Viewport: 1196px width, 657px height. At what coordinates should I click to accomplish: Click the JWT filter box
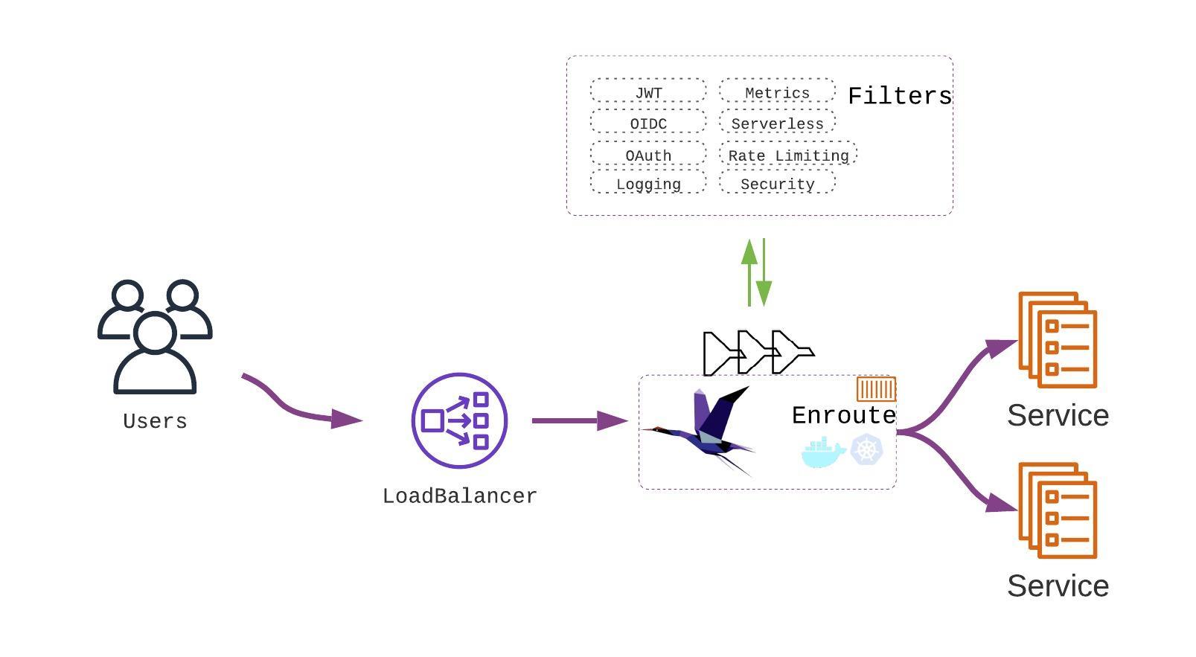click(648, 91)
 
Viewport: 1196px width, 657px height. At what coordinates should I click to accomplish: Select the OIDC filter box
click(648, 122)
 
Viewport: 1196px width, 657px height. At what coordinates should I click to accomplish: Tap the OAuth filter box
click(648, 154)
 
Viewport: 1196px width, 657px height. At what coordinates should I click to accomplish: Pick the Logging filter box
click(648, 182)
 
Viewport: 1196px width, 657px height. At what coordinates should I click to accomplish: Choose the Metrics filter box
click(777, 91)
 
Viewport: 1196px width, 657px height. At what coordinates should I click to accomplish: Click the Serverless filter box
click(777, 122)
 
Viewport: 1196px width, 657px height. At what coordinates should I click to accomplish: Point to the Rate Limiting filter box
click(788, 154)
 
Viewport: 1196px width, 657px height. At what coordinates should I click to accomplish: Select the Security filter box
click(777, 182)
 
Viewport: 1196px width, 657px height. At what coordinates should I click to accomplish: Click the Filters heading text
click(900, 96)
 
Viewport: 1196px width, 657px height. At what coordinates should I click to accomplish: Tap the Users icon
click(155, 336)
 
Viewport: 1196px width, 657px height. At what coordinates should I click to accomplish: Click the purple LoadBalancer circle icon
click(459, 420)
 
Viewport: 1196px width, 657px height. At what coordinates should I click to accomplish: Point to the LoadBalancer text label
click(459, 496)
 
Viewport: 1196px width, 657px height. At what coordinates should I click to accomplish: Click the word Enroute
click(843, 415)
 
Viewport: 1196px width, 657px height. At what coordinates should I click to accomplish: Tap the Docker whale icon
click(822, 452)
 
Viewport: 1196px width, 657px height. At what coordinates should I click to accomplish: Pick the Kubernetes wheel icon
click(866, 450)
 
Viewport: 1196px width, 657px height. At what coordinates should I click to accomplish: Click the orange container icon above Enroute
click(876, 389)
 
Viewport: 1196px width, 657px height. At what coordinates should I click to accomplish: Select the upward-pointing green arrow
click(749, 272)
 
